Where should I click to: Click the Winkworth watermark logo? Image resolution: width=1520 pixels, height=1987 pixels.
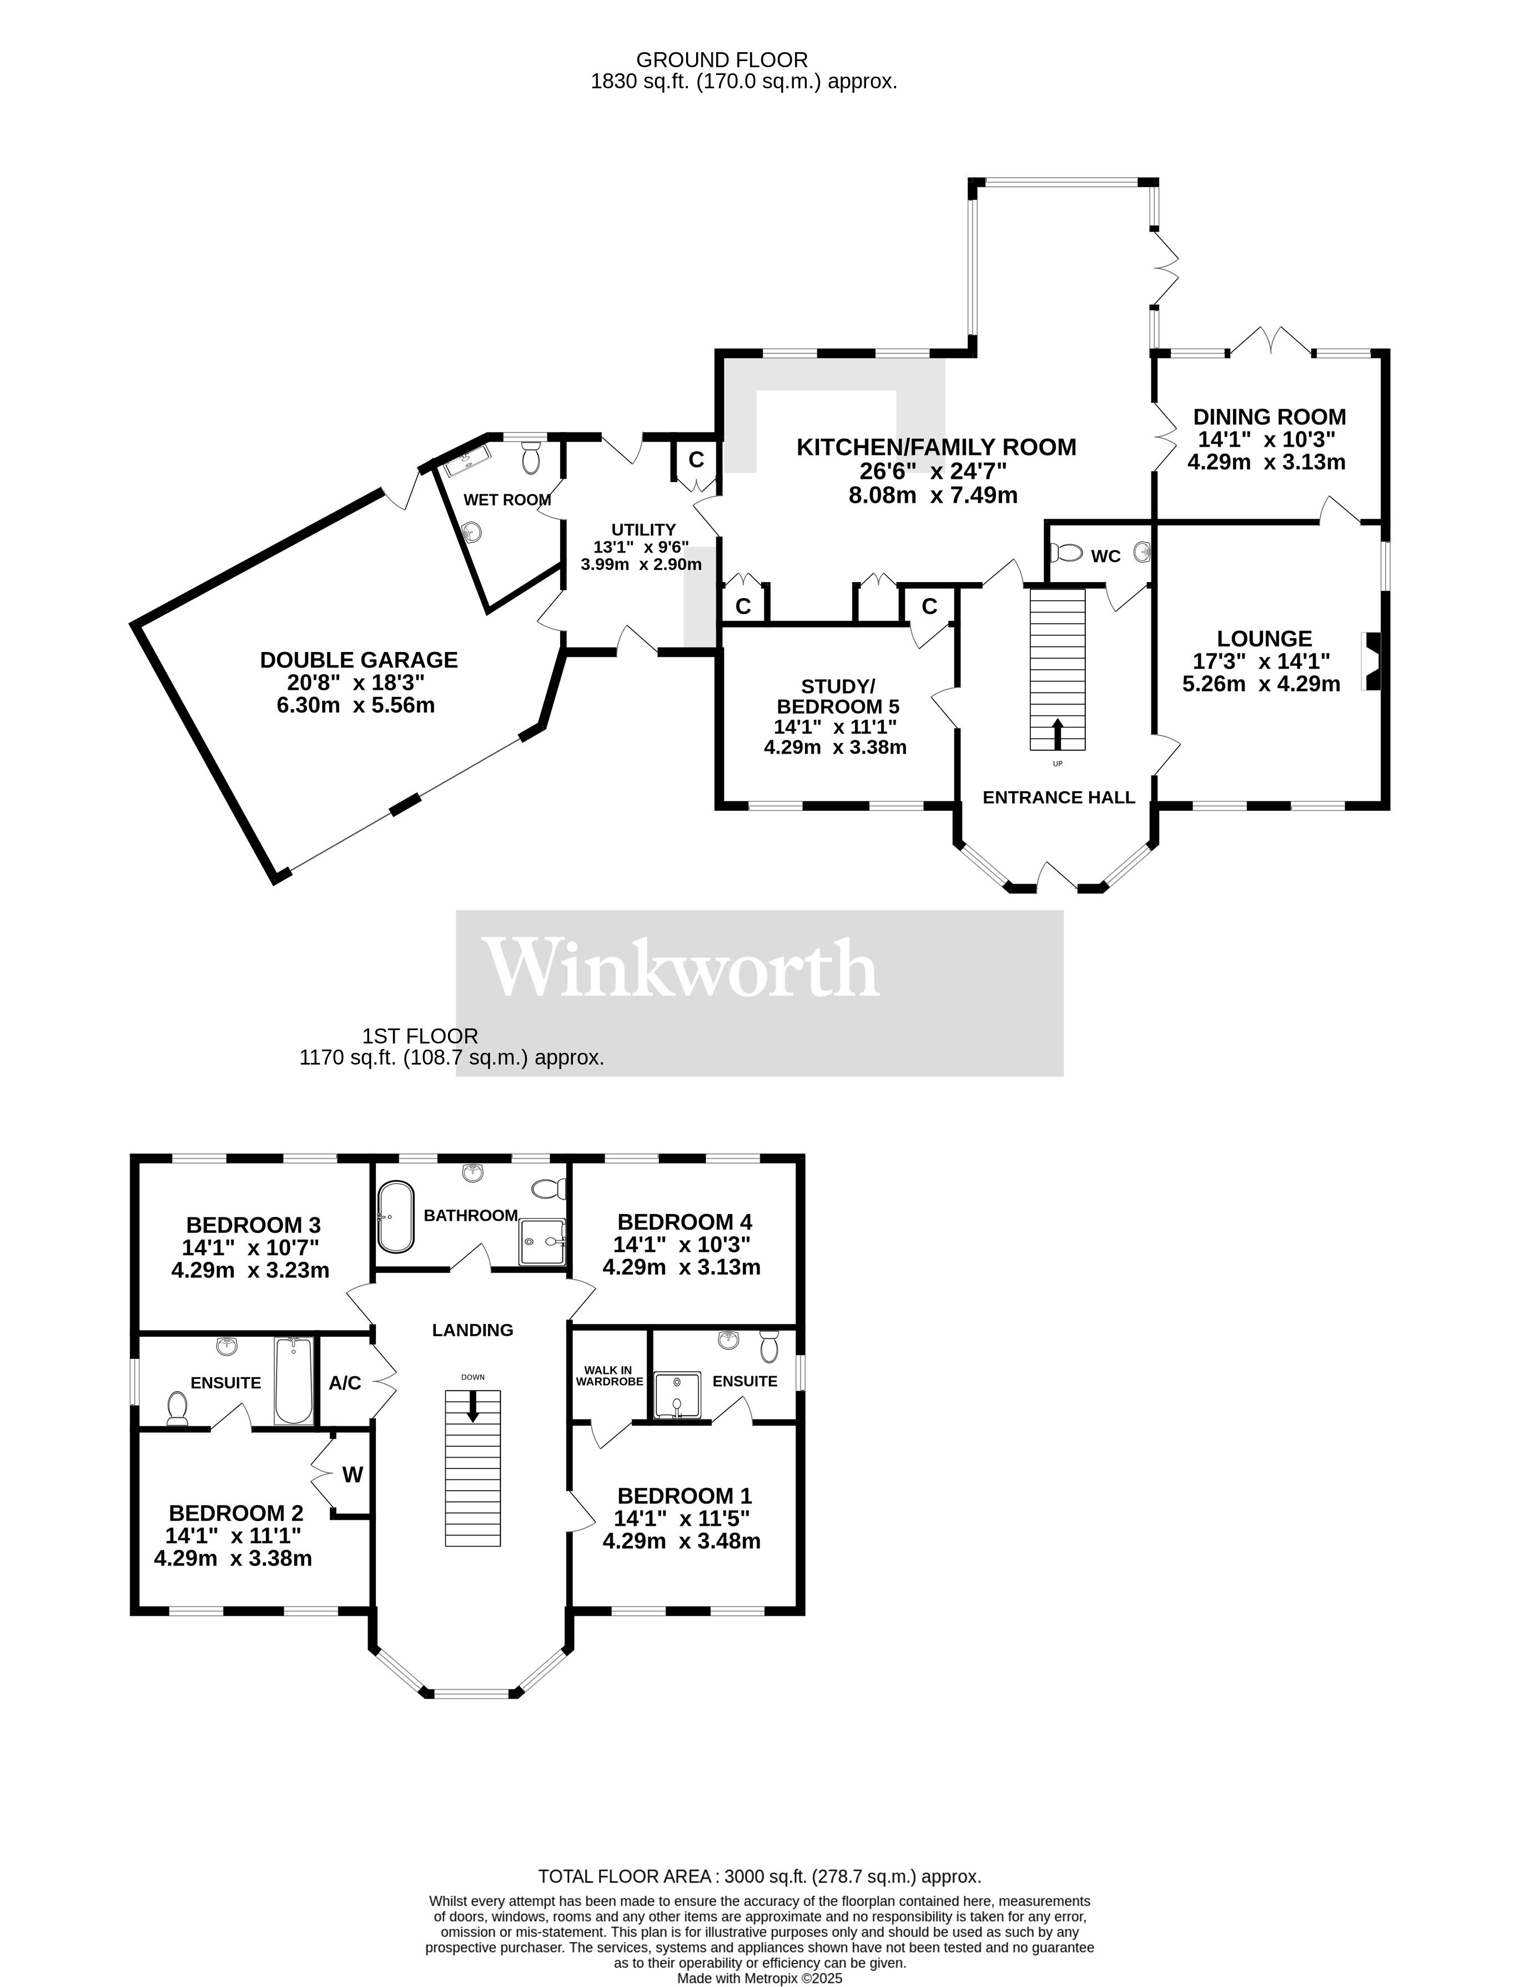click(x=683, y=968)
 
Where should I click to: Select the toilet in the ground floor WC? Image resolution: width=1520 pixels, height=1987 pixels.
click(x=1069, y=552)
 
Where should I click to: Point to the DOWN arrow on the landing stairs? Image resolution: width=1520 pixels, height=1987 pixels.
click(x=472, y=1405)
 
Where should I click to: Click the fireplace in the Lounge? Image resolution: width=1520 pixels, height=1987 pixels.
click(x=1372, y=661)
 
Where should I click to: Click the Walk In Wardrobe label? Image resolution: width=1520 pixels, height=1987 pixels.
click(x=609, y=1376)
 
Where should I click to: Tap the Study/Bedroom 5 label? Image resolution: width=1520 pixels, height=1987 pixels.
click(x=838, y=696)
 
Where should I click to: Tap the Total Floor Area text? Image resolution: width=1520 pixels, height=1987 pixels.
click(x=759, y=1876)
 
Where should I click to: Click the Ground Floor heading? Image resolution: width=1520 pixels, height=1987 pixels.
click(x=721, y=60)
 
